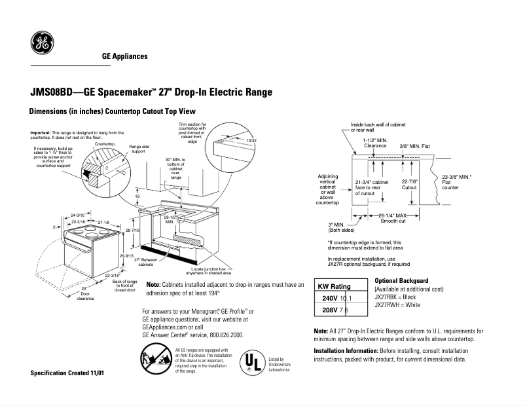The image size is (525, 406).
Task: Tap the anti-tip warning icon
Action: [156, 361]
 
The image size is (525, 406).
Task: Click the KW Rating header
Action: [334, 287]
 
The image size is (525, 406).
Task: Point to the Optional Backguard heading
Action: [401, 280]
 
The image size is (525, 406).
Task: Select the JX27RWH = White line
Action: [397, 305]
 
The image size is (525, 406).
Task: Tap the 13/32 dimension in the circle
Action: [251, 141]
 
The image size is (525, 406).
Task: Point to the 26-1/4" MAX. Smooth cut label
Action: [393, 218]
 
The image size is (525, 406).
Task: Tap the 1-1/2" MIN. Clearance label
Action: [375, 143]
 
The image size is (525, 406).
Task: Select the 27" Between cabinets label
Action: [145, 263]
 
